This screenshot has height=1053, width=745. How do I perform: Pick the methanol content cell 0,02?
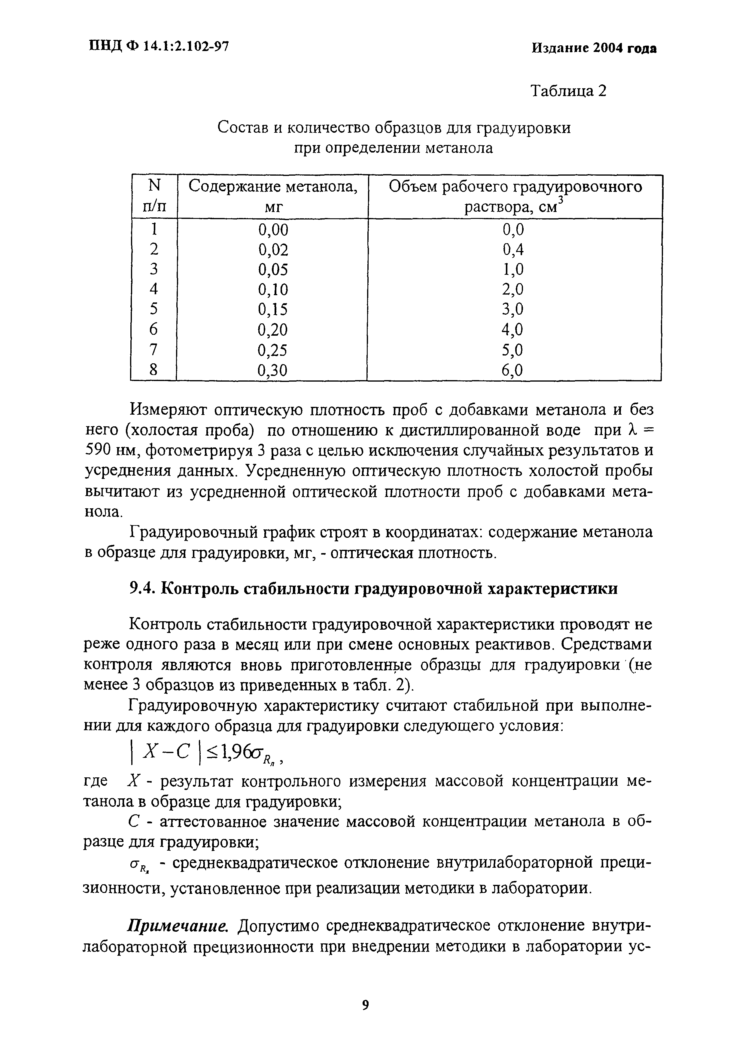(x=273, y=250)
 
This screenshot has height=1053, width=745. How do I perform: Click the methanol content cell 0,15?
(x=273, y=310)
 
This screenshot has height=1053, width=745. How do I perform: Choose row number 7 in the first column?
(x=154, y=350)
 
